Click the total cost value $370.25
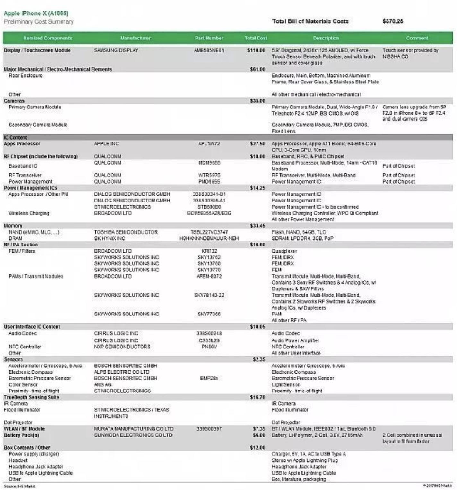click(393, 21)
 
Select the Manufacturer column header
click(135, 38)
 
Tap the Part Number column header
click(209, 38)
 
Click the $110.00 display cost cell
click(256, 50)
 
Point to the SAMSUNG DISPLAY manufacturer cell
click(116, 50)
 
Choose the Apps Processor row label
click(22, 144)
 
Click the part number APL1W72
click(209, 144)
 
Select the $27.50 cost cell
click(257, 144)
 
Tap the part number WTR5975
click(209, 175)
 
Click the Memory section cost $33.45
click(257, 226)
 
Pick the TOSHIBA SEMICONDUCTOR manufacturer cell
click(126, 232)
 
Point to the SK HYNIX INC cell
click(109, 238)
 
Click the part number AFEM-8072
click(209, 276)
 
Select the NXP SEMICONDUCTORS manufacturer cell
click(122, 347)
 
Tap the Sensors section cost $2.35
click(259, 359)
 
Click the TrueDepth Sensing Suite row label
click(31, 397)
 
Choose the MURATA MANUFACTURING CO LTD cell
click(134, 429)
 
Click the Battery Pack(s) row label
click(21, 435)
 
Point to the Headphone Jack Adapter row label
click(36, 467)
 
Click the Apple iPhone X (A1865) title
click(36, 13)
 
